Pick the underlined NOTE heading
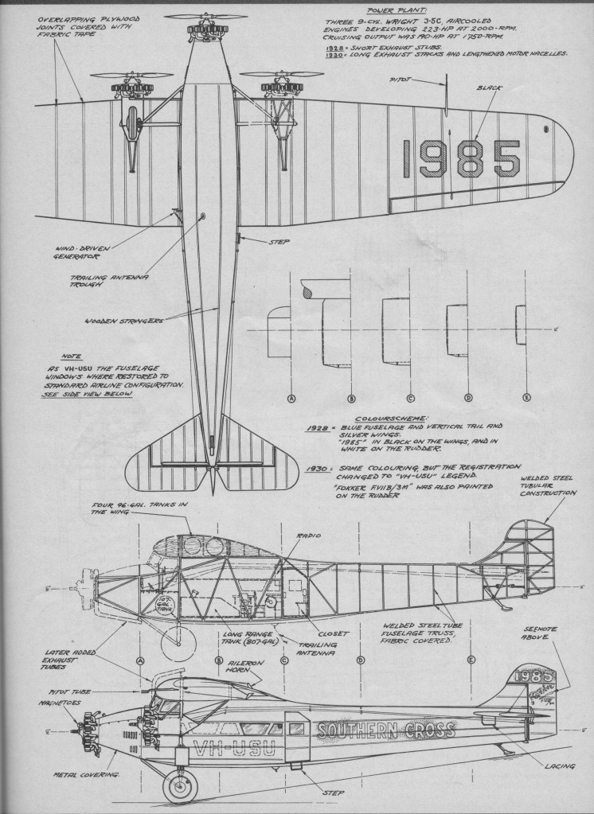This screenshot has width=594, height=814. click(x=71, y=356)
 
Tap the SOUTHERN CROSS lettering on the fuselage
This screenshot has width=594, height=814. click(x=385, y=730)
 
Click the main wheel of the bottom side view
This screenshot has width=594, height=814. click(x=179, y=786)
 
